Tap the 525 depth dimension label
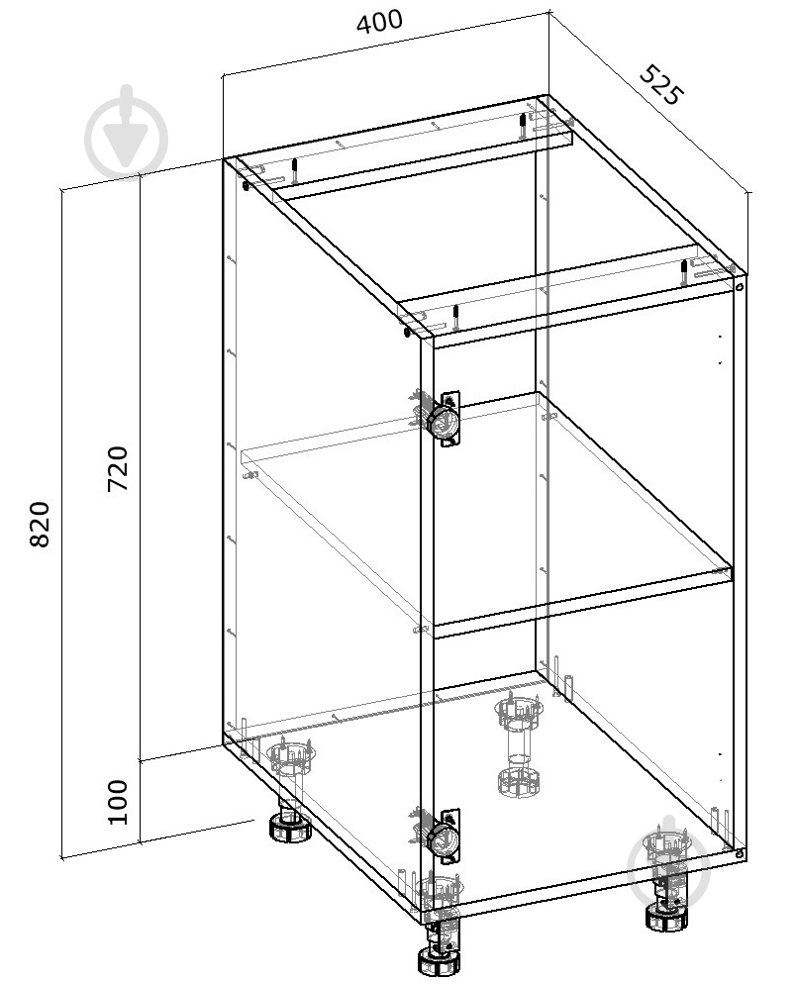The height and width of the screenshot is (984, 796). tap(659, 84)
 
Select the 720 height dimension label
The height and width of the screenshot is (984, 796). tap(118, 469)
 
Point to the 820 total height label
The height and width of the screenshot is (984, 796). tap(40, 525)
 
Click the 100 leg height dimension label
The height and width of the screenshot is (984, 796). tap(118, 802)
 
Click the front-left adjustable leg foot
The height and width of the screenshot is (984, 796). tap(439, 961)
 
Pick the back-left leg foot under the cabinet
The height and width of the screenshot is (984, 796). tap(290, 829)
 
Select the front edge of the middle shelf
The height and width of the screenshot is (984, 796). tap(583, 599)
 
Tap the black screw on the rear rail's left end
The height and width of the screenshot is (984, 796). tap(294, 171)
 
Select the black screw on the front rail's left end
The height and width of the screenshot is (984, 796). tap(456, 318)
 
